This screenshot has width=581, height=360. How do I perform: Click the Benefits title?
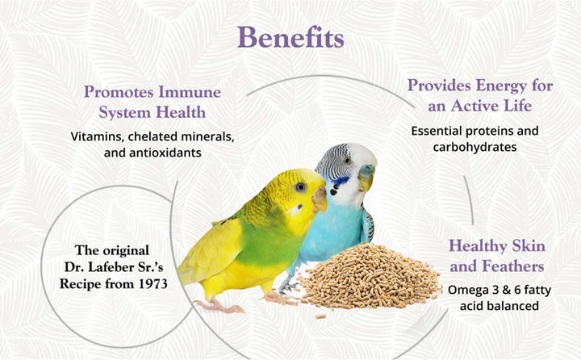click(290, 37)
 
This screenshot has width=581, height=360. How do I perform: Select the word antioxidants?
click(174, 152)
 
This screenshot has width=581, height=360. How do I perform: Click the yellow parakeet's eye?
click(300, 187)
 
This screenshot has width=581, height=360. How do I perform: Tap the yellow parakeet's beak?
click(320, 199)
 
